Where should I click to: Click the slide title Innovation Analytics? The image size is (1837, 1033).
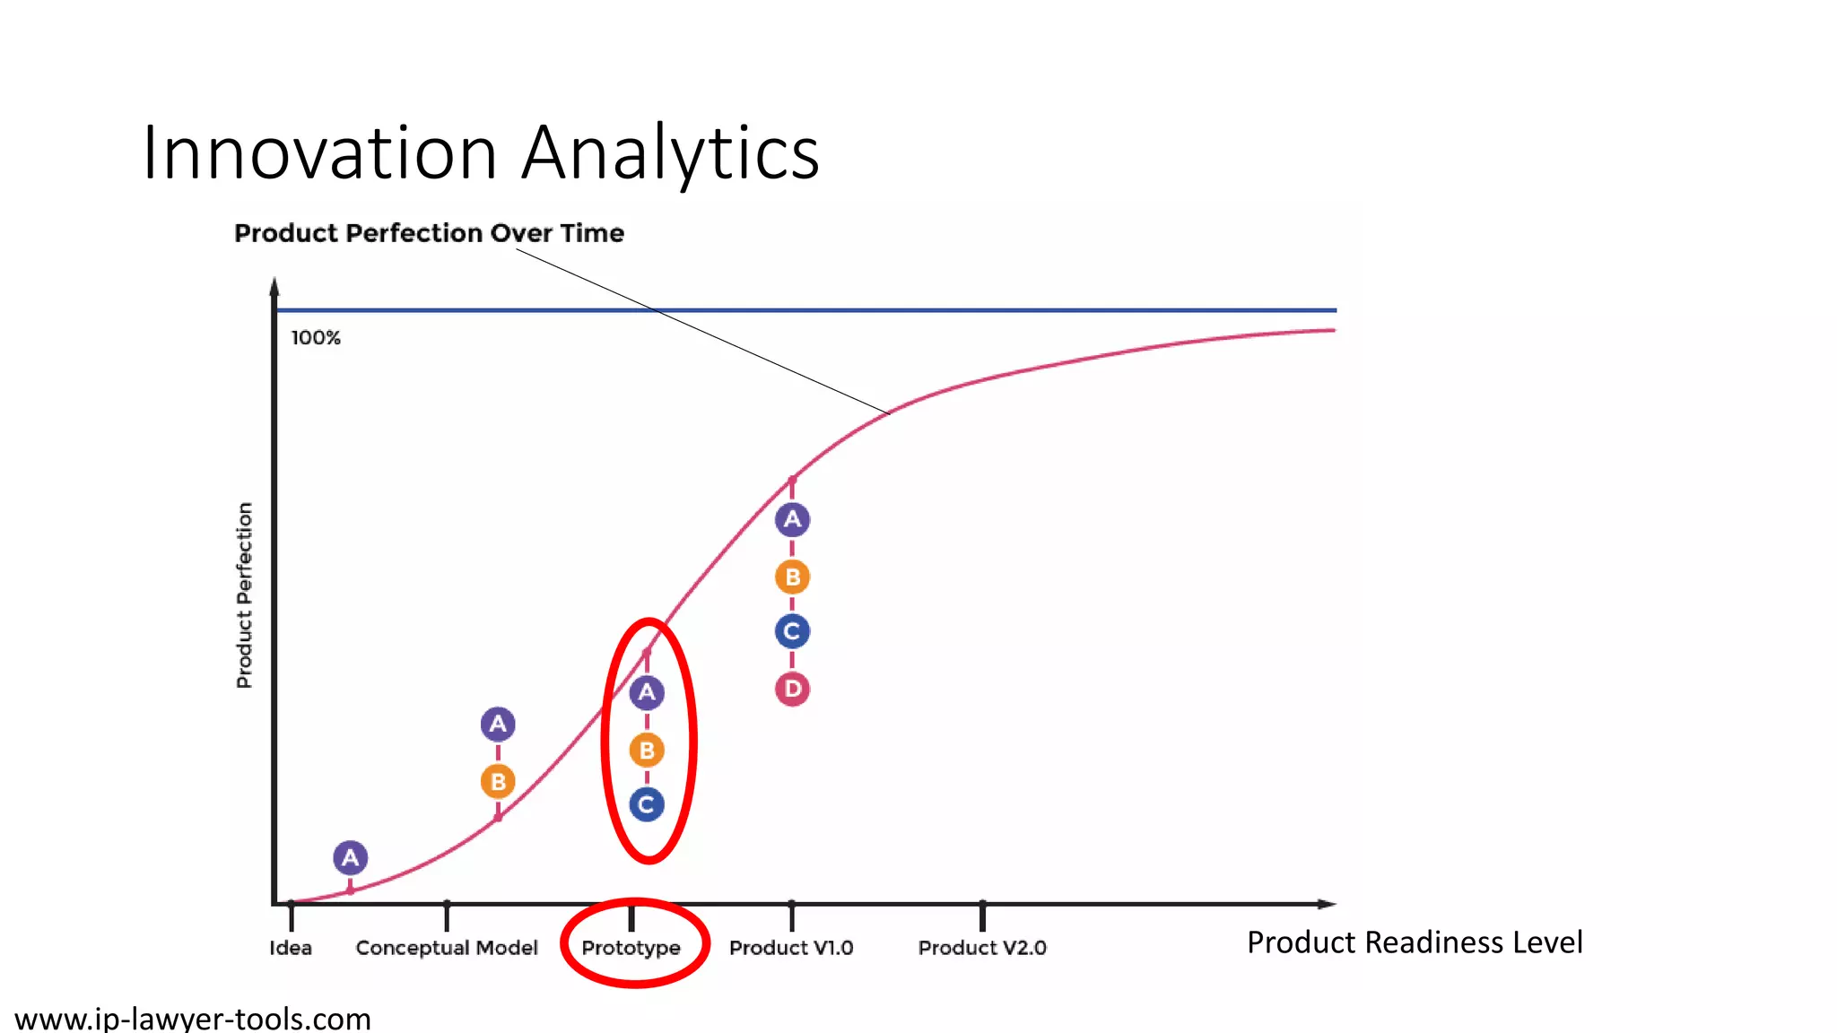coord(481,152)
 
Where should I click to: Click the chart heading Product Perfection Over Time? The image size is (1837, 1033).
coord(429,233)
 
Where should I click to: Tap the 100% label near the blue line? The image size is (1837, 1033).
coord(316,338)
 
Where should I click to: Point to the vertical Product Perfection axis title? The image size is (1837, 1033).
coord(244,595)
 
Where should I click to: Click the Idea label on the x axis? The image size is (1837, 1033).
coord(291,948)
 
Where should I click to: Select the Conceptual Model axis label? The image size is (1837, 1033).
coord(447,948)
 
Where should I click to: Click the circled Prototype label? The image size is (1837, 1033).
coord(631,948)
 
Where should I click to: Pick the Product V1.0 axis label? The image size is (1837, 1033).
coord(791,948)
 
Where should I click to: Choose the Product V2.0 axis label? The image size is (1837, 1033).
coord(982,948)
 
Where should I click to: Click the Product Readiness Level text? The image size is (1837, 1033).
coord(1415,942)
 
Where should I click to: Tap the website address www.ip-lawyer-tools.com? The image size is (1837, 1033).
coord(193,1019)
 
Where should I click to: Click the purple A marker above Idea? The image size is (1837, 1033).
coord(351,858)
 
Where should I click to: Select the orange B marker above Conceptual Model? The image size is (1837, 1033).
coord(498,782)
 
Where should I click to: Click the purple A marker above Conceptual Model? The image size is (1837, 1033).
coord(498,725)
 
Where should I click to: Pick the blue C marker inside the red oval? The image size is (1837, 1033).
coord(647,804)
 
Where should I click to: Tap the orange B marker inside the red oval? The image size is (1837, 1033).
coord(647,750)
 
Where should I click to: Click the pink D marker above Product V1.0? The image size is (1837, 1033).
coord(792,689)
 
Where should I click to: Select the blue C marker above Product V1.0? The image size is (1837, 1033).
coord(792,631)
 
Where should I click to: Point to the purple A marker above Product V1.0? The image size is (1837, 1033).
coord(792,519)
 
